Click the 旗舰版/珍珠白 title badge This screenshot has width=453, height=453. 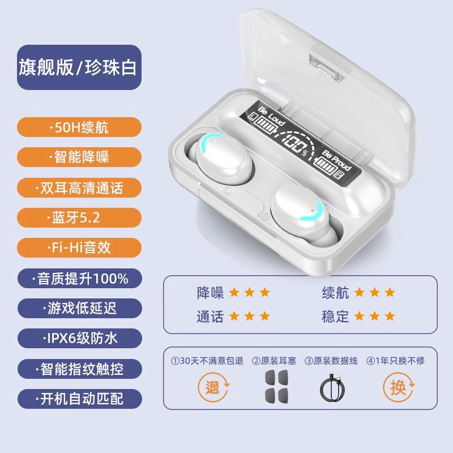tap(79, 67)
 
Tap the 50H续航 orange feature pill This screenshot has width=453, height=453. tap(79, 127)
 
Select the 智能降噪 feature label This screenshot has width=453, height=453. tap(79, 157)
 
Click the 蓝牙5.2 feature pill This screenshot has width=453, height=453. tap(79, 217)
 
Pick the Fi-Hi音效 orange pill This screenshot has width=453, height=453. tap(79, 247)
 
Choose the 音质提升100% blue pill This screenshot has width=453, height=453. tap(80, 279)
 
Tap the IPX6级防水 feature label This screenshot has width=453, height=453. tap(80, 338)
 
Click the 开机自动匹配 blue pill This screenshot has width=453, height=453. tap(80, 399)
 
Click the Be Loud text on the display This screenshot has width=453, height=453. tap(272, 116)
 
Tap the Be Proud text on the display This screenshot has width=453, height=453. tap(337, 160)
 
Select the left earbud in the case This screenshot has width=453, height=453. tap(221, 159)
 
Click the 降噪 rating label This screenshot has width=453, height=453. tap(210, 293)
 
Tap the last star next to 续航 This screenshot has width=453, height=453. tap(390, 292)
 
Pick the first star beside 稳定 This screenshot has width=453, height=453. tap(359, 316)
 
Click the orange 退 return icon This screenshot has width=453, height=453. tap(213, 387)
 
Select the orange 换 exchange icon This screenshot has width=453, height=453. tap(399, 387)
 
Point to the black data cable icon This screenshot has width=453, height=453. tap(332, 388)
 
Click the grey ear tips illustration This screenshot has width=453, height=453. tap(276, 387)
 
